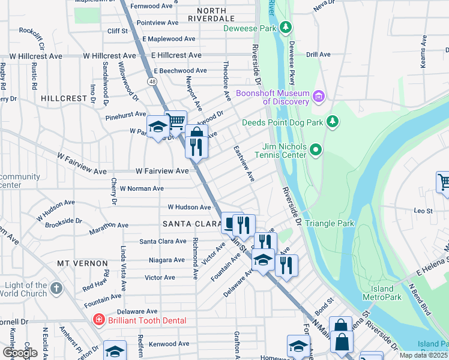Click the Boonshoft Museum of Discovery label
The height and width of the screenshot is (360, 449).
coord(272,97)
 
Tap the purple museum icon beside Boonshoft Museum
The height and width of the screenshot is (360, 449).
coord(319,97)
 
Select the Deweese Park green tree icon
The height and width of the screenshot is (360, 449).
coord(287,28)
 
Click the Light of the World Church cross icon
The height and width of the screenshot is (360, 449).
coord(56,289)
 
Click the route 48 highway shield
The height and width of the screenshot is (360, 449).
coord(154,81)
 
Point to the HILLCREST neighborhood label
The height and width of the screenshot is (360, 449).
coord(64,97)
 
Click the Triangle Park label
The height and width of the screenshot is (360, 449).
coord(330,224)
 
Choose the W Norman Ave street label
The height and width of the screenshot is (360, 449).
coord(142,188)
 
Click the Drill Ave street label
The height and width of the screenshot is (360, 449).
coord(318,55)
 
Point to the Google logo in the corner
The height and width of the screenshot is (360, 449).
coord(20,353)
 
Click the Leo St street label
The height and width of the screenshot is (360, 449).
coord(423,211)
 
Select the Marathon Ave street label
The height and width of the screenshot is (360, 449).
coord(109,226)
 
